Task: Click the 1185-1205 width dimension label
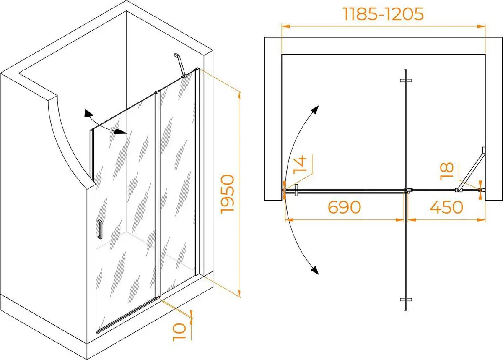(384, 14)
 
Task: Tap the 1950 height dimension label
(228, 194)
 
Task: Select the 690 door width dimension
(345, 207)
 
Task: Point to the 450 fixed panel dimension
(446, 207)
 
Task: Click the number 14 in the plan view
(300, 164)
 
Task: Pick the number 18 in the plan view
(447, 171)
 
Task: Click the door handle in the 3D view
(100, 229)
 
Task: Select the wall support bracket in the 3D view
(180, 65)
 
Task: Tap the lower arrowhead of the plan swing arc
(315, 270)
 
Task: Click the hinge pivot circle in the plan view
(406, 190)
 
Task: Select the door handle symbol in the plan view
(296, 190)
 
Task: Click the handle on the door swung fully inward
(406, 81)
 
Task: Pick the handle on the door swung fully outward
(406, 300)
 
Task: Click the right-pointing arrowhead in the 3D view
(121, 131)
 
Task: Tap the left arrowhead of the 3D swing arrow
(88, 113)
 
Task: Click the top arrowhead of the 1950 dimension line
(239, 96)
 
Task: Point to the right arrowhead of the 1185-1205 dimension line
(482, 26)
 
